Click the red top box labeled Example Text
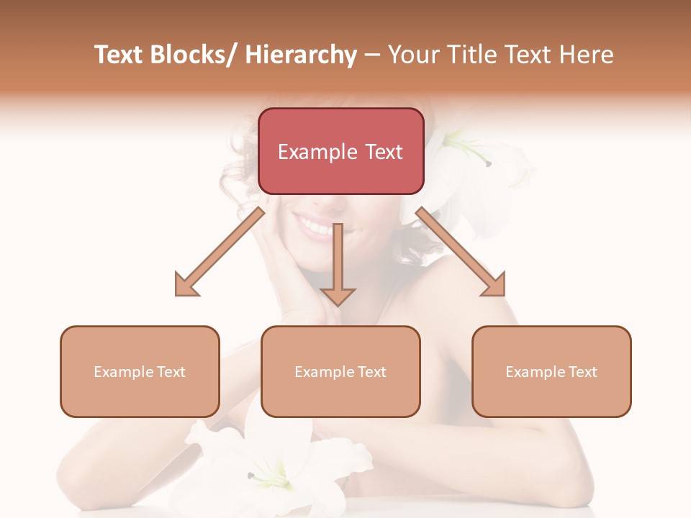(x=340, y=151)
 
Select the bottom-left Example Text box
(x=140, y=371)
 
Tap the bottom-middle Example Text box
(x=340, y=371)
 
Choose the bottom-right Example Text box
(x=551, y=371)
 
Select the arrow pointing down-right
(x=461, y=253)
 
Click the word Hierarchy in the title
(x=301, y=55)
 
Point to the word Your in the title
(x=412, y=55)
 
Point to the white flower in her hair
(x=461, y=173)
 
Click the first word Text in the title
(x=119, y=55)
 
